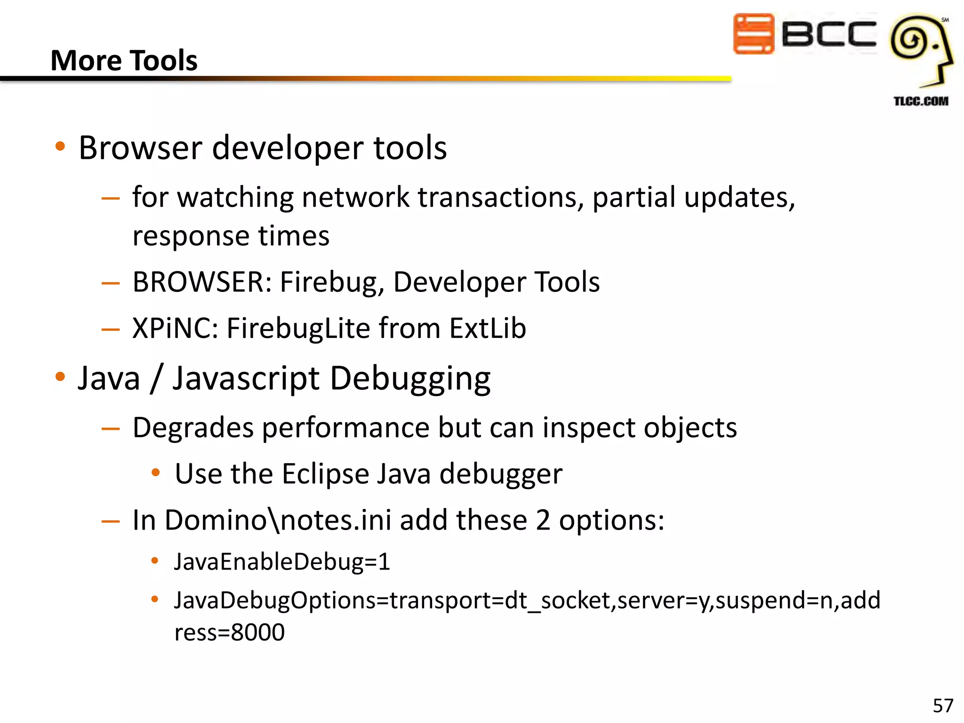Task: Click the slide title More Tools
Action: tap(124, 60)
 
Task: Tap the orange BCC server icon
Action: tap(753, 33)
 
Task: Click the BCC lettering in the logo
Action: tap(829, 34)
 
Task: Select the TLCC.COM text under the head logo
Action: tap(921, 101)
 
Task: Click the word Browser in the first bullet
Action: tap(140, 148)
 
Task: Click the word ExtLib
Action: tap(487, 328)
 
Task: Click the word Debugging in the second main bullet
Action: tap(410, 378)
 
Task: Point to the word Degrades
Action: tap(193, 427)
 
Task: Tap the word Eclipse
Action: tap(325, 474)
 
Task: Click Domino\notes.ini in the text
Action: tap(278, 520)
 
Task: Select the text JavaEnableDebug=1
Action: tap(282, 562)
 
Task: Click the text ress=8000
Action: tap(229, 632)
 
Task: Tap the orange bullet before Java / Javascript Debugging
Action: tap(60, 377)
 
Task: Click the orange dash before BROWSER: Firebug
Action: tap(111, 283)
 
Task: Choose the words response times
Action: tap(231, 235)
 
